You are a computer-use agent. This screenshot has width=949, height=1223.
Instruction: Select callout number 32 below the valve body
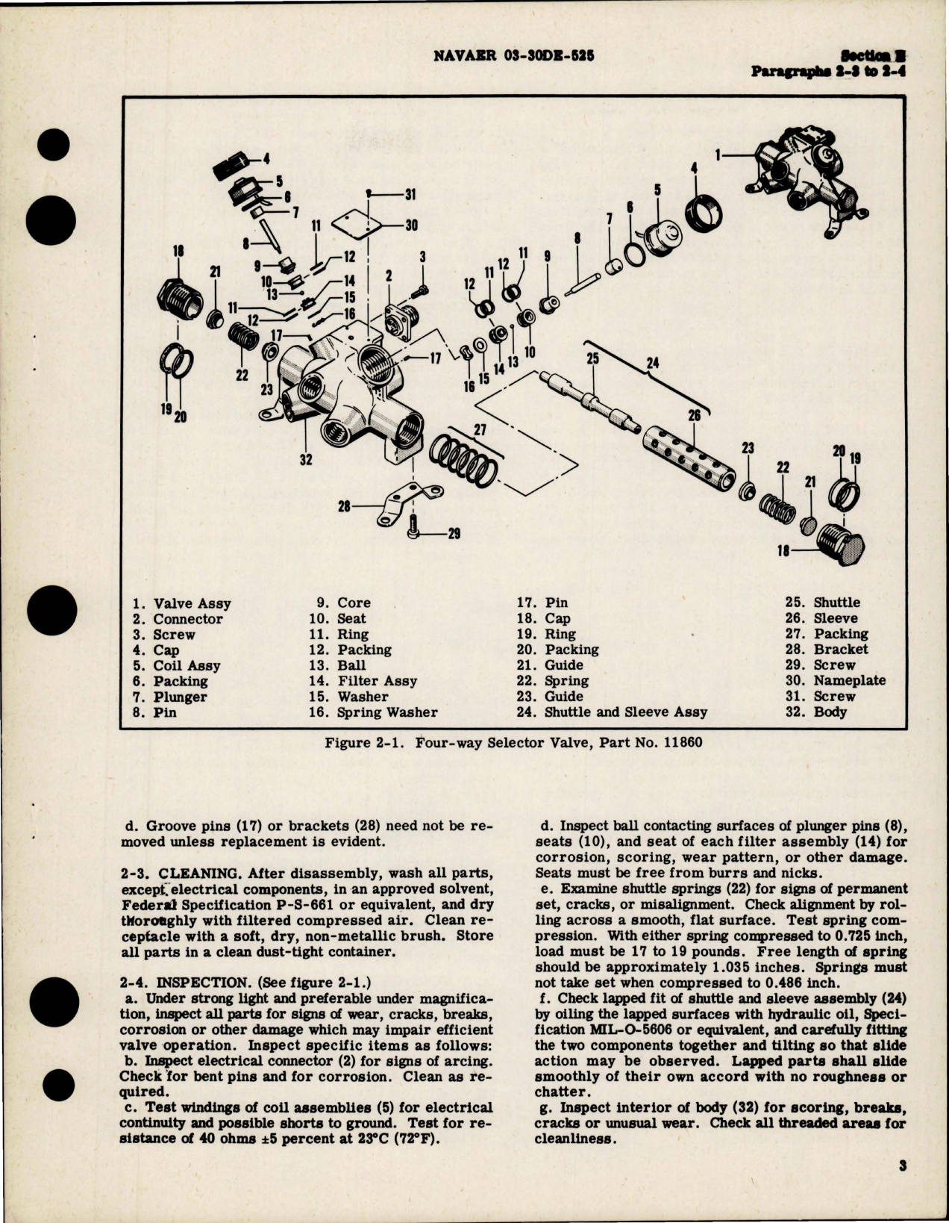pos(305,460)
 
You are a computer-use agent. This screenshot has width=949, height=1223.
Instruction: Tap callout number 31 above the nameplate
pos(410,196)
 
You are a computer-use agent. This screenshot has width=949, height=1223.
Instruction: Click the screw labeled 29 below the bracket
pos(415,531)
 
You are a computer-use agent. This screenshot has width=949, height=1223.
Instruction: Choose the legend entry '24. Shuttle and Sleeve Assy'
pos(612,712)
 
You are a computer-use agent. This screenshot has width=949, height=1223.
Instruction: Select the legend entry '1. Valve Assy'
pos(182,603)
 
